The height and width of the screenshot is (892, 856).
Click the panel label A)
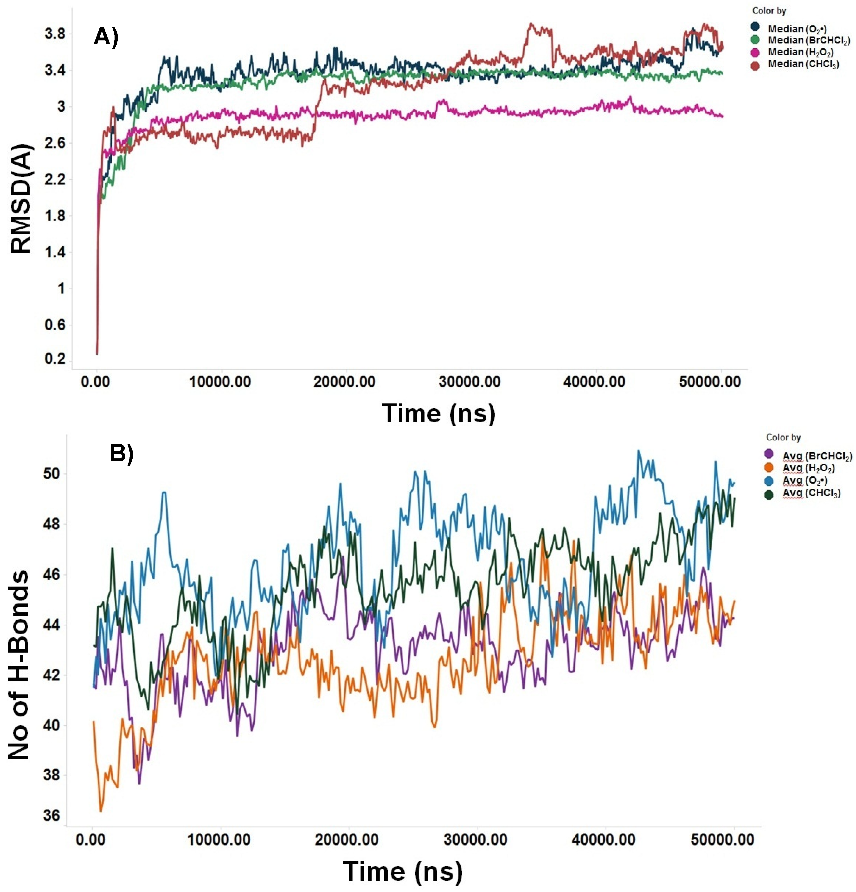click(x=106, y=36)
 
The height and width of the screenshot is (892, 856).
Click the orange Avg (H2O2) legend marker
click(x=769, y=467)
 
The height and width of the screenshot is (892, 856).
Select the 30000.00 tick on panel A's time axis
click(x=470, y=381)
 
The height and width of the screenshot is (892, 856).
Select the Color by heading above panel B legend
click(x=783, y=437)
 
